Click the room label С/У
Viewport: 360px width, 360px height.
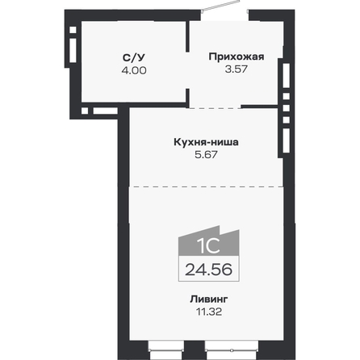(134, 58)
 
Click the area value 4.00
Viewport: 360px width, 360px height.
(134, 70)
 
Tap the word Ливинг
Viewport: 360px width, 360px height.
(209, 299)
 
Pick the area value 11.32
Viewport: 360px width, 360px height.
(209, 311)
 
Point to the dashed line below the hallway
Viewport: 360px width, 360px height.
(237, 107)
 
